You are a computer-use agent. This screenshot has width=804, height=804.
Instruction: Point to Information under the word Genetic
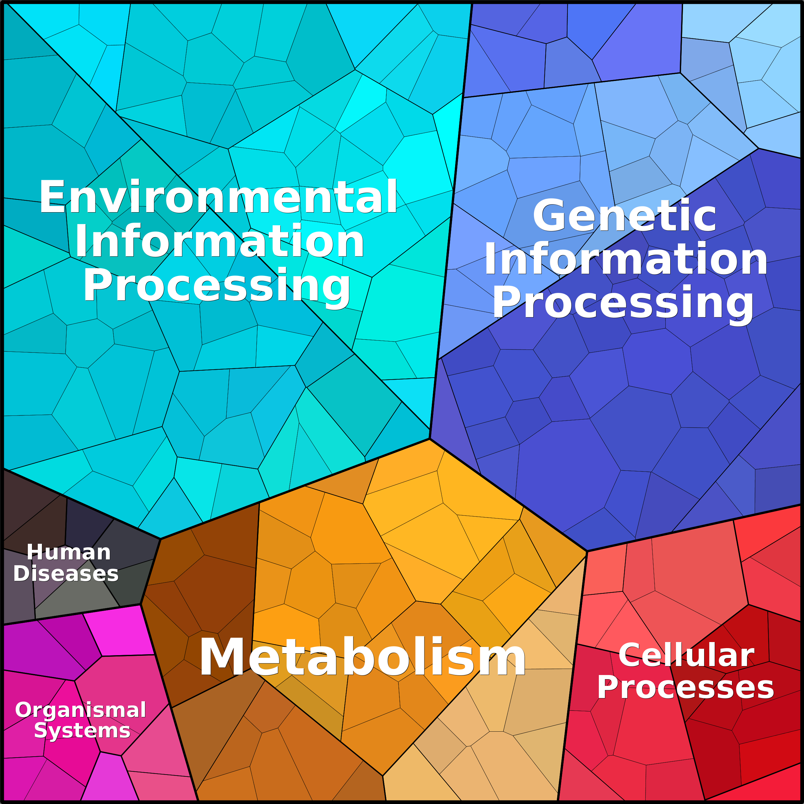(625, 261)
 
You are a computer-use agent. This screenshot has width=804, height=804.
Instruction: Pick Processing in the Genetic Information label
(623, 304)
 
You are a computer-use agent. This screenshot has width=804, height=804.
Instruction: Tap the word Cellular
(686, 656)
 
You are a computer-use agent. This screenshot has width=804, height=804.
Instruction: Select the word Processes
(685, 687)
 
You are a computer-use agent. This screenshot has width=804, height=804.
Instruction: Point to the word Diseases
(66, 574)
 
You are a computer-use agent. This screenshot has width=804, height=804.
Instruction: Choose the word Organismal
(80, 710)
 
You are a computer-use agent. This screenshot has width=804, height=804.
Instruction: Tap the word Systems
(82, 731)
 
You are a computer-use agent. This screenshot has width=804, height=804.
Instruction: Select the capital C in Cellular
(629, 656)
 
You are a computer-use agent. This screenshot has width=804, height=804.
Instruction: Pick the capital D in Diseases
(21, 574)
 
